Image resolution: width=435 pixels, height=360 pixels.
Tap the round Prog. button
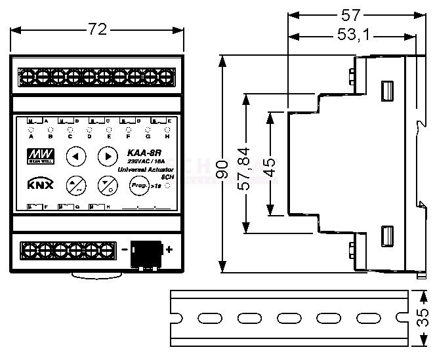click(138, 186)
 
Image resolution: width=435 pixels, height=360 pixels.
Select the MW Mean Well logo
click(34, 157)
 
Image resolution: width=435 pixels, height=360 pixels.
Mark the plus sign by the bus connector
click(169, 249)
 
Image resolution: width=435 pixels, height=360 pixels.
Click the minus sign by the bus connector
click(124, 249)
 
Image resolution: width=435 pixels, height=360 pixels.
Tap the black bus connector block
click(146, 250)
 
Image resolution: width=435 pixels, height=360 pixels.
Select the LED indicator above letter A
click(31, 130)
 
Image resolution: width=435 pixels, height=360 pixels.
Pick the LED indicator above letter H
click(167, 130)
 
